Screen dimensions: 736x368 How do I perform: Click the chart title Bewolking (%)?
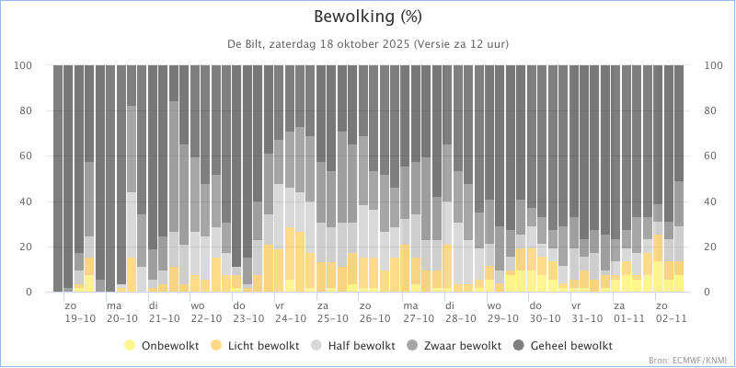pyautogui.click(x=367, y=17)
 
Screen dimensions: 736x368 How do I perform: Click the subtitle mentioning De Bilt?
pyautogui.click(x=368, y=44)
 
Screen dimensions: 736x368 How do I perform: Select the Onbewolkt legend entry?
pyautogui.click(x=162, y=347)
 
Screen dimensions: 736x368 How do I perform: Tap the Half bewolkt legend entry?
pyautogui.click(x=351, y=347)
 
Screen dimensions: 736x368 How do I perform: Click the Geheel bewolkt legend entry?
pyautogui.click(x=564, y=347)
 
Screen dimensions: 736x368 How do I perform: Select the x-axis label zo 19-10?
pyautogui.click(x=80, y=312)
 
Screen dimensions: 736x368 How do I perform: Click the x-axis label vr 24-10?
pyautogui.click(x=289, y=312)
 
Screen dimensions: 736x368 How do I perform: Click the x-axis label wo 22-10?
pyautogui.click(x=205, y=312)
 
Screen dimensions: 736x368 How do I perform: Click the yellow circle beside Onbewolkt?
pyautogui.click(x=130, y=347)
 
